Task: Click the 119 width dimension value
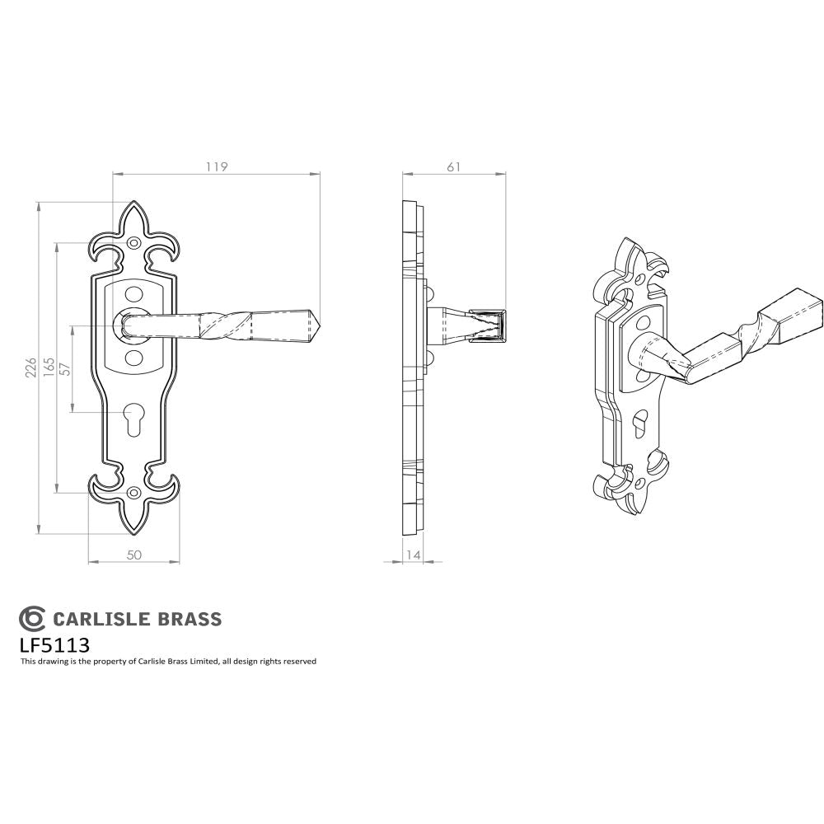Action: pos(216,166)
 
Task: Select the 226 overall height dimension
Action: pos(30,368)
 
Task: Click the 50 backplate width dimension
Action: pos(133,555)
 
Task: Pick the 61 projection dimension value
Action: pos(453,166)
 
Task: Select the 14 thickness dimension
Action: pos(414,555)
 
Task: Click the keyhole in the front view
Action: pos(134,419)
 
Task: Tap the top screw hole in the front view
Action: pos(135,243)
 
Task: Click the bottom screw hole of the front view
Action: pos(134,494)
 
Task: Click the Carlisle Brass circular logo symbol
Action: pos(32,618)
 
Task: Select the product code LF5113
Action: pos(54,644)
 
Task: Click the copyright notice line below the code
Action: pos(168,662)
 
